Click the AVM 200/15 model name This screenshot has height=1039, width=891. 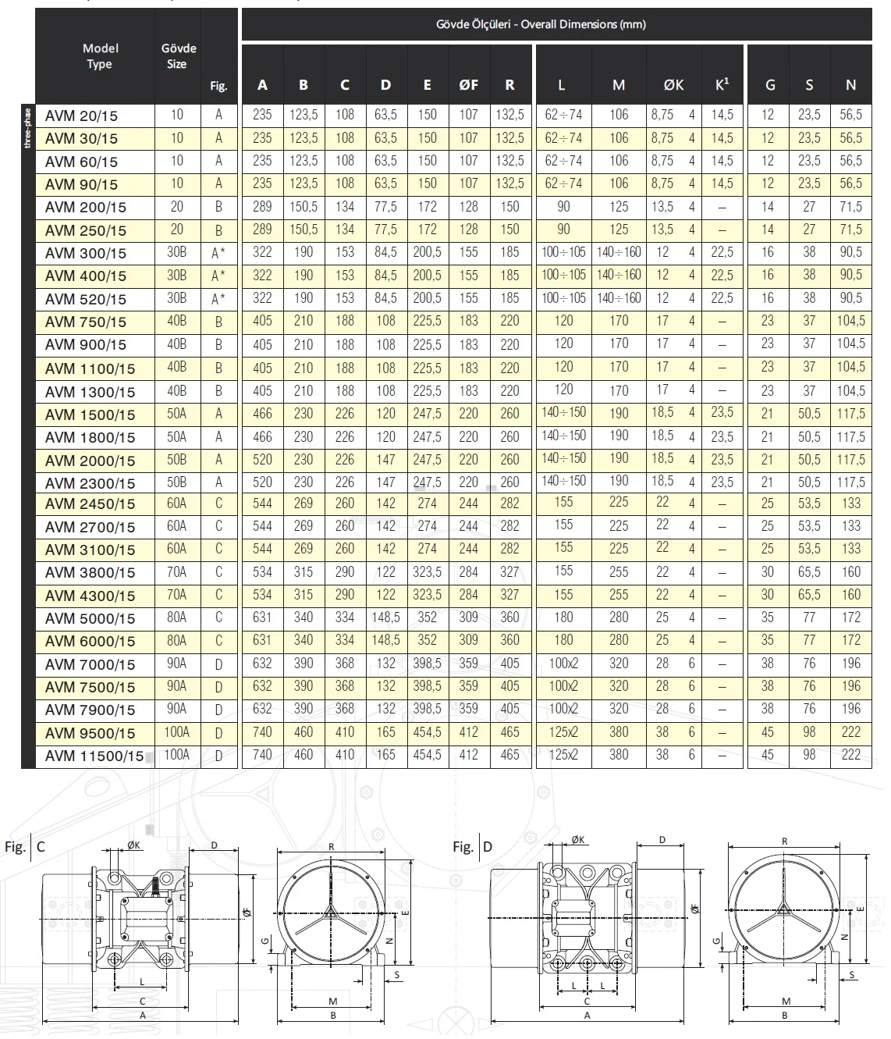click(x=85, y=207)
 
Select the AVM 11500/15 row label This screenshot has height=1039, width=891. click(x=94, y=756)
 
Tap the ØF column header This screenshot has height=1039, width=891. click(x=468, y=85)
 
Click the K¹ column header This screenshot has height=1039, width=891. click(x=722, y=84)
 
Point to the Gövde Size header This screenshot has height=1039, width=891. click(x=178, y=55)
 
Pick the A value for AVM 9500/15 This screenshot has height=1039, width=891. click(x=262, y=732)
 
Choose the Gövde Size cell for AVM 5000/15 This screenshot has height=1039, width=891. click(x=177, y=617)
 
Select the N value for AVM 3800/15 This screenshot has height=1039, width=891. click(x=851, y=572)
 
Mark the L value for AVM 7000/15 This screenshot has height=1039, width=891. click(x=563, y=664)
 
